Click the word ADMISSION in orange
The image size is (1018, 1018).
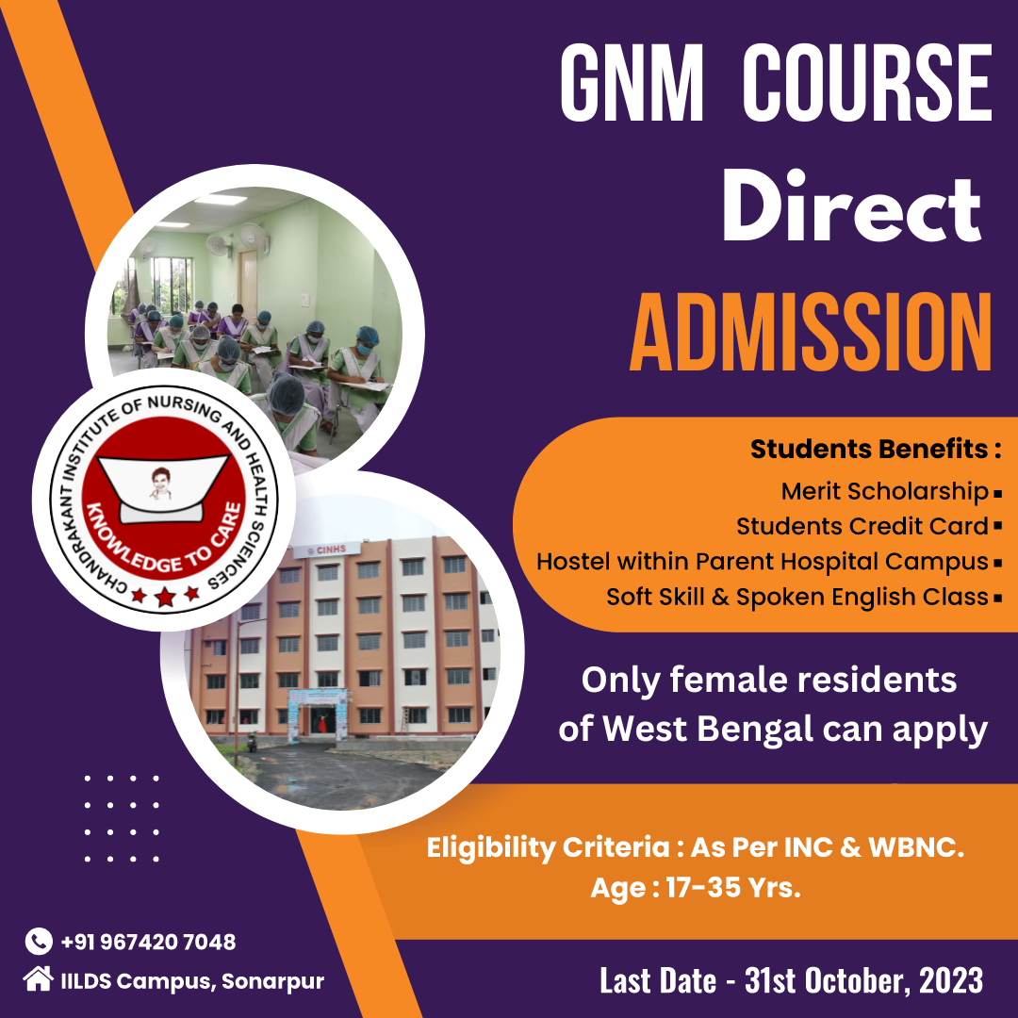coord(811,333)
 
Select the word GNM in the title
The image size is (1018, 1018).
coord(632,82)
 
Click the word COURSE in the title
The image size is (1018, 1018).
coord(867,82)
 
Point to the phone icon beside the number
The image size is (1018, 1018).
coord(39,942)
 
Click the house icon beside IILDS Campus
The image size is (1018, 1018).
coord(39,979)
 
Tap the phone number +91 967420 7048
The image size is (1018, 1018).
coord(148,942)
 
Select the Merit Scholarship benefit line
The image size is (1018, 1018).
coord(884,491)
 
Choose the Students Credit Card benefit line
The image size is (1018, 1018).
coord(862,527)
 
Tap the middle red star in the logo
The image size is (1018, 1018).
coord(165,596)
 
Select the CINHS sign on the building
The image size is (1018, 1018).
coord(326,550)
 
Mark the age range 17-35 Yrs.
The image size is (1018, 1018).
coord(733,888)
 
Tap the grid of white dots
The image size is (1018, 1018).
coord(122,818)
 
